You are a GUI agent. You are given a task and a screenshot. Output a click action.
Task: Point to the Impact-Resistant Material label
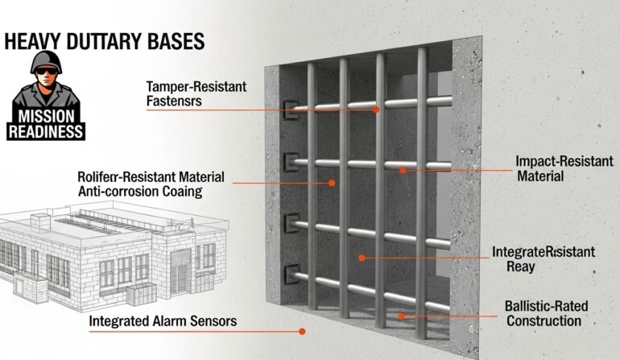[556, 168]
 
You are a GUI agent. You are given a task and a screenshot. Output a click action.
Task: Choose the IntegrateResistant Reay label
[543, 259]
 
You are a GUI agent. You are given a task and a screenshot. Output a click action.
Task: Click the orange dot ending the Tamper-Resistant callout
[376, 110]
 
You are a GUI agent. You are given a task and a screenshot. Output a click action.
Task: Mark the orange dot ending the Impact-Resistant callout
[400, 170]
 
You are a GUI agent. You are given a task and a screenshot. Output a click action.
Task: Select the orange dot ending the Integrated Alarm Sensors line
[302, 330]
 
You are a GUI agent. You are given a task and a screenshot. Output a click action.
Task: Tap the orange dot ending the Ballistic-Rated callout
[401, 317]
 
